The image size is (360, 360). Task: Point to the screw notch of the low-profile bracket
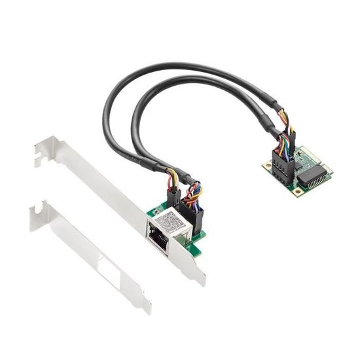point(39,208)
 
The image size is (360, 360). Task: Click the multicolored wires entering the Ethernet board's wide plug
point(194,195)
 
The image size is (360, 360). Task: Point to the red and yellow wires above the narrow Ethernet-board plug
point(173,179)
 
